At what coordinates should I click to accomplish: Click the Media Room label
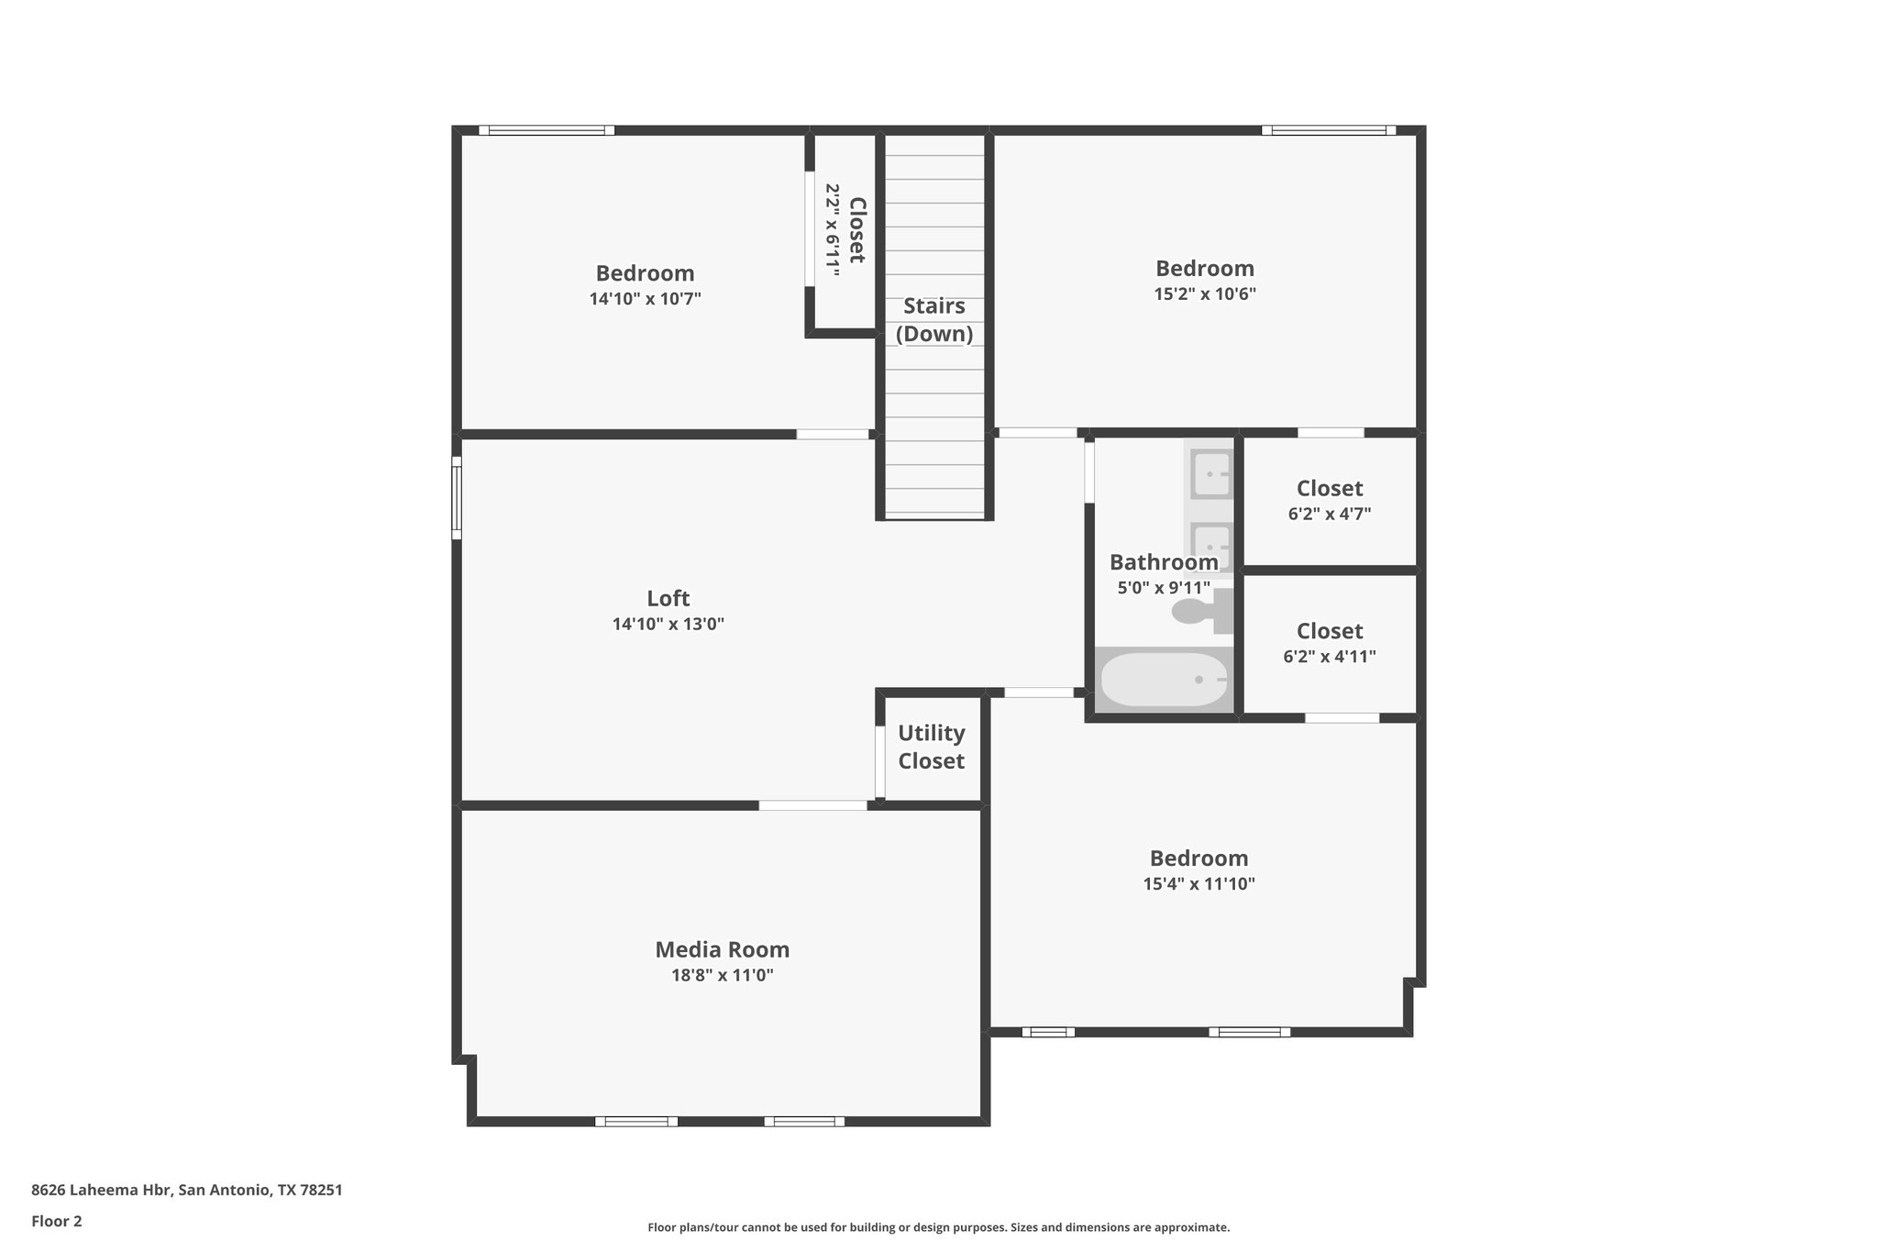722,949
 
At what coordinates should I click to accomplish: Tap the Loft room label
668,598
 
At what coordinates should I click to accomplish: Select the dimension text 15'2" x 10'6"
1204,294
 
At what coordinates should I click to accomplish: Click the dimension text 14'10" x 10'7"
645,299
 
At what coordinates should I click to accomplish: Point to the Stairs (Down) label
934,319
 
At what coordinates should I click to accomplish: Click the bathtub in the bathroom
1164,680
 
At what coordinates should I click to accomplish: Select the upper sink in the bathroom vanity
1210,474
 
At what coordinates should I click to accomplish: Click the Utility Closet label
931,747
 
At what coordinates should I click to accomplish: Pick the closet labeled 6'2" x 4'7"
1329,501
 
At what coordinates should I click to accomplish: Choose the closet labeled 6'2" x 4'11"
1329,643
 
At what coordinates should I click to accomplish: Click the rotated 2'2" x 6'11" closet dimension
833,229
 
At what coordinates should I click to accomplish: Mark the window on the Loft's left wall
456,498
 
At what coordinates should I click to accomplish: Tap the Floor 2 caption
56,1221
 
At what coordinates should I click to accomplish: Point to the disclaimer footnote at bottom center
938,1227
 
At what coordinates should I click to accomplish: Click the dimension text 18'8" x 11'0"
722,976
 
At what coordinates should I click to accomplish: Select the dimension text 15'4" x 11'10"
1199,884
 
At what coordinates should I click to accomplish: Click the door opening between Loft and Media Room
812,805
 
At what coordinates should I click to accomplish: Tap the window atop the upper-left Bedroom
547,130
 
